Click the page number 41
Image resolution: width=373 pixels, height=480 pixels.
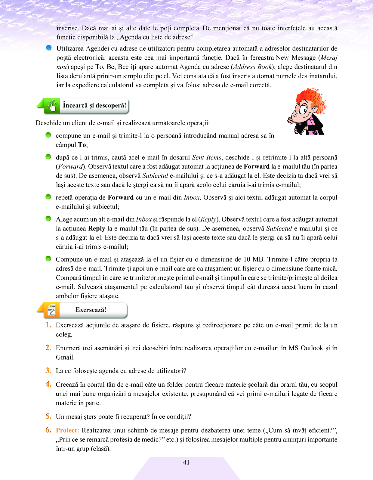pos(186,462)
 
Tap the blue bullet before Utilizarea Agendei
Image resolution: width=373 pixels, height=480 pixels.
pos(49,48)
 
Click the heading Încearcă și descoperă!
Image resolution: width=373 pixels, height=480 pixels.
pos(94,105)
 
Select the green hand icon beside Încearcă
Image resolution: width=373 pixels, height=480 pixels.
pos(52,106)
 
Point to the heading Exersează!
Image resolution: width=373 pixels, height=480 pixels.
pos(91,310)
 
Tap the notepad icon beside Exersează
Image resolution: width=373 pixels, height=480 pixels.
pos(52,310)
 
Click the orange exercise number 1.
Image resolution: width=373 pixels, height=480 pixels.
pos(48,325)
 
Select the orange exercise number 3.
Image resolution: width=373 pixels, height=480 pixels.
pos(48,370)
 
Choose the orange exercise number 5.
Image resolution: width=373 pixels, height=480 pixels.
pos(48,416)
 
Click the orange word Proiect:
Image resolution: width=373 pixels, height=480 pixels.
pos(67,430)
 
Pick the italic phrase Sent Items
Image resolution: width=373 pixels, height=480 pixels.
pos(207,157)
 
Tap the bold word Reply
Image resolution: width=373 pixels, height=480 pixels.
pos(97,228)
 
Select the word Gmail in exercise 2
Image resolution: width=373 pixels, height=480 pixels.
pos(65,357)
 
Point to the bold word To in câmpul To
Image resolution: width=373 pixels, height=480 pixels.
pos(82,145)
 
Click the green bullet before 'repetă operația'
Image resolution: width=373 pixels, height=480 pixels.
pos(48,197)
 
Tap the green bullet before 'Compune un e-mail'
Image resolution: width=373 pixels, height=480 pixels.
pos(48,259)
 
